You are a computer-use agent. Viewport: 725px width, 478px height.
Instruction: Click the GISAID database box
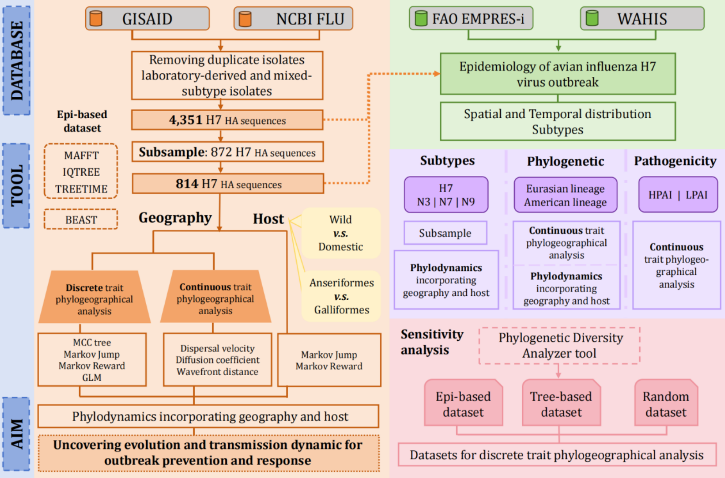pyautogui.click(x=147, y=19)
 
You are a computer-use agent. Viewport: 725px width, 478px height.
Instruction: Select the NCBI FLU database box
pyautogui.click(x=293, y=19)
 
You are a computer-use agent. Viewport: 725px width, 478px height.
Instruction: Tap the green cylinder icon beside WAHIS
pyautogui.click(x=592, y=18)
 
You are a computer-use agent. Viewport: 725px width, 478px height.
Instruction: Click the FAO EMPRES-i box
pyautogui.click(x=471, y=18)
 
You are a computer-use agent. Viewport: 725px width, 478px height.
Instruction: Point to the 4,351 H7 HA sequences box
pyautogui.click(x=227, y=120)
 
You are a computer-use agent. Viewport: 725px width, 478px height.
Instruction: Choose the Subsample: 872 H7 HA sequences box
pyautogui.click(x=227, y=152)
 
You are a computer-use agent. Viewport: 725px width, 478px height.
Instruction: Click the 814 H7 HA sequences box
pyautogui.click(x=228, y=184)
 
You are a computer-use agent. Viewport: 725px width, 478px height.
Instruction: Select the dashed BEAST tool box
pyautogui.click(x=81, y=220)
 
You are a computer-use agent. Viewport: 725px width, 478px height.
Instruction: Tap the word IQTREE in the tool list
pyautogui.click(x=81, y=172)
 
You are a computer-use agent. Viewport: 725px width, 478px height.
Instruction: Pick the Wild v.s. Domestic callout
pyautogui.click(x=341, y=233)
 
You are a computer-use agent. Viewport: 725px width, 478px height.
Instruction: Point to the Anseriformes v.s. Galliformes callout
pyautogui.click(x=341, y=296)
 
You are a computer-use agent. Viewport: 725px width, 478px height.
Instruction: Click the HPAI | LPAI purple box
pyautogui.click(x=678, y=195)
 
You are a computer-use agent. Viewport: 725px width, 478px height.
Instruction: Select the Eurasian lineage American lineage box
pyautogui.click(x=565, y=195)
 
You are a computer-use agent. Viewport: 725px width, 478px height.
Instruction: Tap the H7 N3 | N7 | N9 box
pyautogui.click(x=446, y=195)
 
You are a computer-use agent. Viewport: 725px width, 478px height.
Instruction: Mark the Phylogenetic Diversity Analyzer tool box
pyautogui.click(x=560, y=345)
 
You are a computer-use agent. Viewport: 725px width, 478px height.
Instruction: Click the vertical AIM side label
pyautogui.click(x=17, y=434)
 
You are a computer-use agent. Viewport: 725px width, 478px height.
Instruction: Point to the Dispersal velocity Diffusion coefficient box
pyautogui.click(x=217, y=360)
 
